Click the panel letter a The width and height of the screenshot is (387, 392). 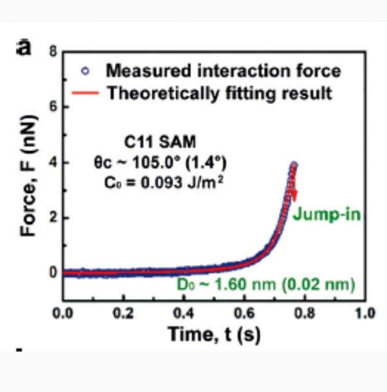(24, 47)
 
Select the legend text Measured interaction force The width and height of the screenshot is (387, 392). (224, 71)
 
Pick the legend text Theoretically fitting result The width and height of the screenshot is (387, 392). (220, 93)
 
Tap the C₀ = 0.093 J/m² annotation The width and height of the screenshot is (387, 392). (157, 182)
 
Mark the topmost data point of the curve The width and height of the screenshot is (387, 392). (295, 165)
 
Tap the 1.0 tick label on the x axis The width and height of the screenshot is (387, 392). (365, 314)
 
